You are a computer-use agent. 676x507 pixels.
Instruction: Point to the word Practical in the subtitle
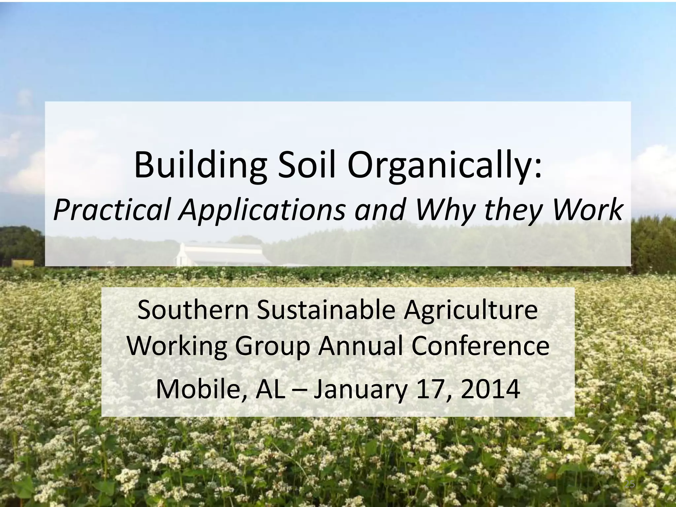click(111, 210)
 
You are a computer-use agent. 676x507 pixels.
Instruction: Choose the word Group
click(273, 347)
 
